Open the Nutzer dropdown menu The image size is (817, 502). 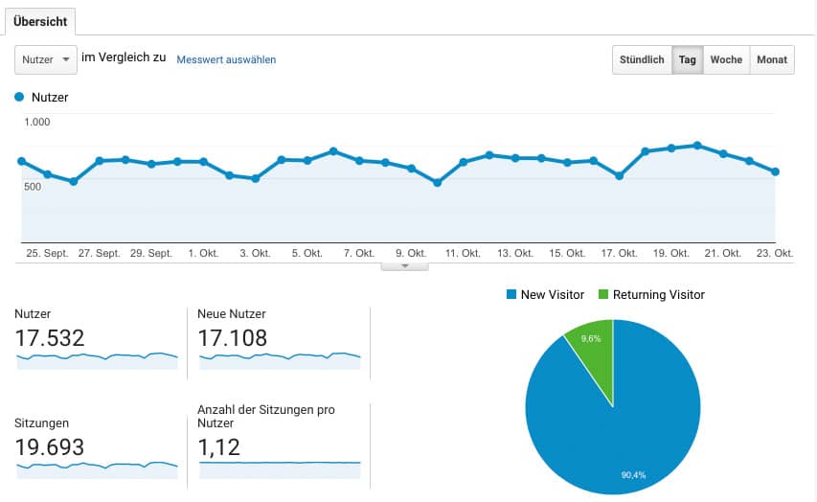[46, 59]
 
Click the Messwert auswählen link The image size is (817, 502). [226, 59]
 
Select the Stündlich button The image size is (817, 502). [642, 59]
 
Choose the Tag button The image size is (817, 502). [687, 59]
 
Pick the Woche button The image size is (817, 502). [726, 59]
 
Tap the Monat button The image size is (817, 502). [772, 59]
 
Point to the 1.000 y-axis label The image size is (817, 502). [38, 122]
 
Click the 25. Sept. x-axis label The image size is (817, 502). [47, 254]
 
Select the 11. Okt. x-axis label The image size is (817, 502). [464, 254]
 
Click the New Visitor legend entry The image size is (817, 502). [545, 294]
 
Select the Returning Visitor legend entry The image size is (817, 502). [651, 294]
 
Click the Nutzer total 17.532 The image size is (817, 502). [50, 338]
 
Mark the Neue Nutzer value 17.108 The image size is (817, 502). [232, 338]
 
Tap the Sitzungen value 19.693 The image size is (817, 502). [50, 447]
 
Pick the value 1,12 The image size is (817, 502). [218, 447]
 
